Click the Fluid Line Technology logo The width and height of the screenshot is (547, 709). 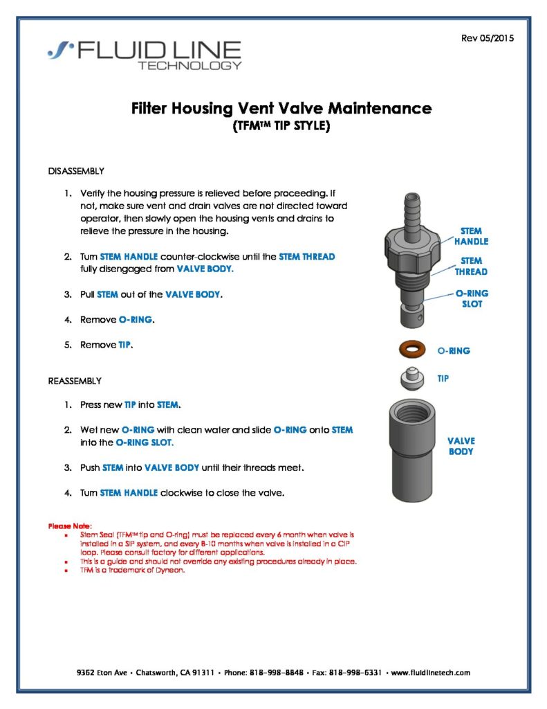click(x=145, y=55)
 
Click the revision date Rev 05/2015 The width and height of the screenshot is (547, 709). click(x=487, y=38)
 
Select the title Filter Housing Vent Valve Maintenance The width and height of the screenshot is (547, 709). click(x=281, y=109)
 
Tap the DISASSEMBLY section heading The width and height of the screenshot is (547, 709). click(x=76, y=170)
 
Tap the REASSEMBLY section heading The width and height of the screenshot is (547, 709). click(x=75, y=381)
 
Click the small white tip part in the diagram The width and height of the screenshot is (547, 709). click(x=411, y=379)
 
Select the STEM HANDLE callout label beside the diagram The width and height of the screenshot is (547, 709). click(x=471, y=236)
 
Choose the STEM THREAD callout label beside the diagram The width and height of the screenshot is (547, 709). click(x=471, y=266)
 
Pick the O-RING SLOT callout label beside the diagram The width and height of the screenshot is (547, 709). click(x=471, y=298)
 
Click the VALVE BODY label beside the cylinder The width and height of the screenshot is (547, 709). click(x=461, y=446)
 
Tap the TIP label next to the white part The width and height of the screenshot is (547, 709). click(x=443, y=379)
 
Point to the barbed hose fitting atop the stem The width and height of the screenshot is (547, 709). click(x=413, y=208)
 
